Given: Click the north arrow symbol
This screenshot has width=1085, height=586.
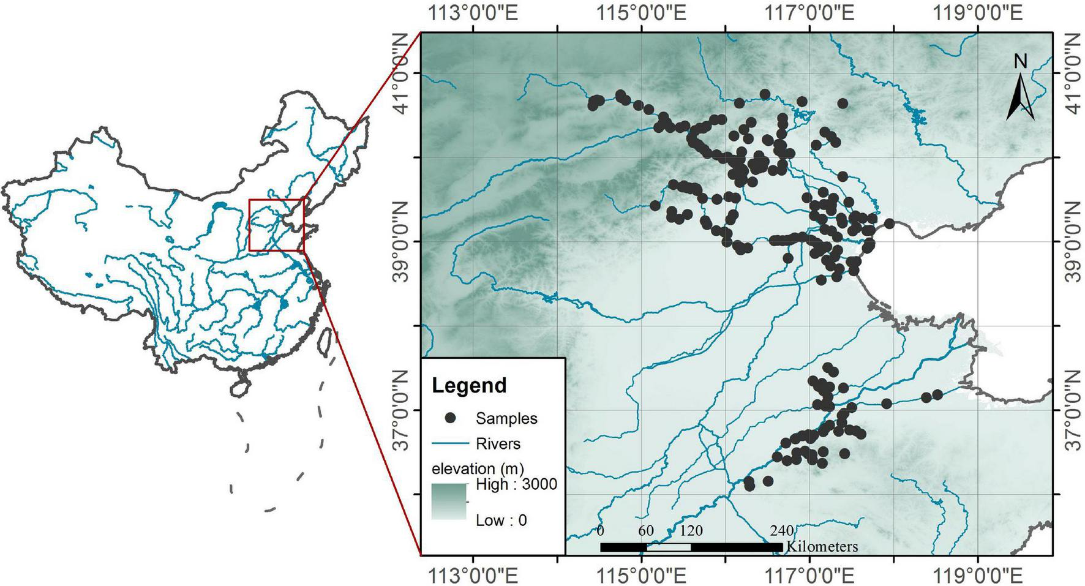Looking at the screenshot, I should (1020, 98).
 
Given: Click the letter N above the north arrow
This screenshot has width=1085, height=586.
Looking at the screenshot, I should (1020, 61).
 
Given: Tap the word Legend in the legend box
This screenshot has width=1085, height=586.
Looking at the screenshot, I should (469, 386).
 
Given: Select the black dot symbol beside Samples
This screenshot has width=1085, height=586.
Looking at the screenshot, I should (451, 418).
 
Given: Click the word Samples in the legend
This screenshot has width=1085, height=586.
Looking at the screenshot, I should (506, 419).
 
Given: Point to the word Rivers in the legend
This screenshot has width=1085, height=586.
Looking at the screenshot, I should (498, 443).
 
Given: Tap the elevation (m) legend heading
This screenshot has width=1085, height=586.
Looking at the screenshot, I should (477, 469).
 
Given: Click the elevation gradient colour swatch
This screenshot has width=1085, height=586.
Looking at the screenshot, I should (449, 501).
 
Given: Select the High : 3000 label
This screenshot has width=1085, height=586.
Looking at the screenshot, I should (516, 484).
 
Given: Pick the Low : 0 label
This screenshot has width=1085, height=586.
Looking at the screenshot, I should (501, 520).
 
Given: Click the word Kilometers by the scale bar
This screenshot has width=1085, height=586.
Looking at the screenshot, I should (822, 546).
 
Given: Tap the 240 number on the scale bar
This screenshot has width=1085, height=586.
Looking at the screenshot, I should (782, 531).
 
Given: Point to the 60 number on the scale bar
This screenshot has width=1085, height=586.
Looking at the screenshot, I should (646, 531).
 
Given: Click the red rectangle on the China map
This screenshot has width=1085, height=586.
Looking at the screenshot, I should (276, 225).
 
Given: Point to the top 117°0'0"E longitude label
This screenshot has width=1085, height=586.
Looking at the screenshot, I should (809, 13).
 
